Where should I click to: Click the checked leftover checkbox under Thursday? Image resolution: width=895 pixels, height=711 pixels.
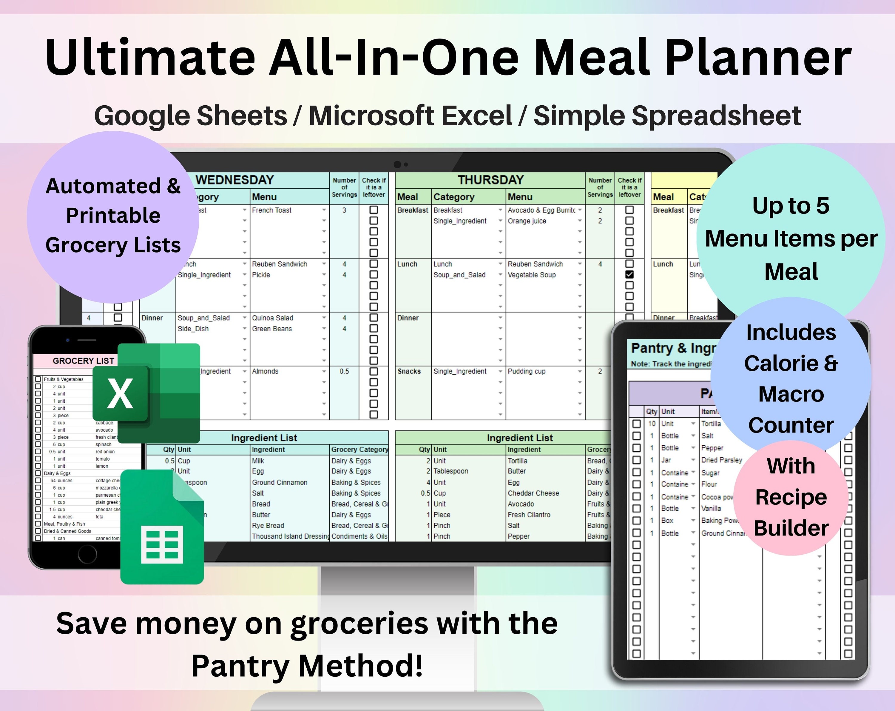click(629, 275)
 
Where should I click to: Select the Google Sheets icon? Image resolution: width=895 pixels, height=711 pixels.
click(162, 527)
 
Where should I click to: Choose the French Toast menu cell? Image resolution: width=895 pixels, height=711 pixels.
click(272, 210)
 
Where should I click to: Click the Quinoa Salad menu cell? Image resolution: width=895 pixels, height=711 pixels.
click(272, 318)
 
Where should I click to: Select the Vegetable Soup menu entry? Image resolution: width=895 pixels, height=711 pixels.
click(531, 275)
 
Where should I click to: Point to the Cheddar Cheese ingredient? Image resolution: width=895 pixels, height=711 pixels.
click(533, 493)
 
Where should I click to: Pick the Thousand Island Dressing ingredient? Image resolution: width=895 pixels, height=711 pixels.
click(290, 536)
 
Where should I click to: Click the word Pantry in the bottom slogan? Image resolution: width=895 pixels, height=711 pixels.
click(242, 666)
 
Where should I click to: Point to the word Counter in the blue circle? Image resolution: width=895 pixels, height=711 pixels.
click(791, 425)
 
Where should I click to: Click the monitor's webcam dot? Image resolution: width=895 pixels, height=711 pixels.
click(397, 164)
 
